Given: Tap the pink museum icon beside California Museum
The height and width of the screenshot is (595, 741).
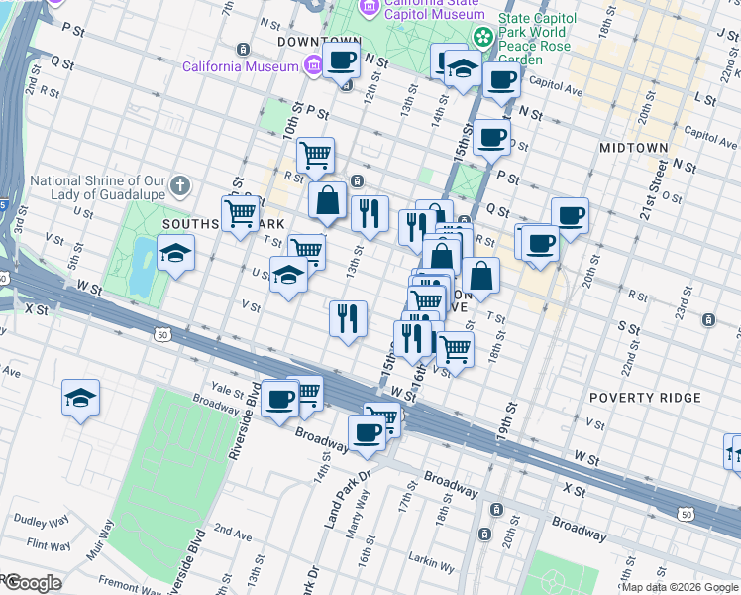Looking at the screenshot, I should pyautogui.click(x=314, y=66).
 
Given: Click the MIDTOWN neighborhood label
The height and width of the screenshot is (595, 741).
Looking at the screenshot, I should pyautogui.click(x=634, y=148).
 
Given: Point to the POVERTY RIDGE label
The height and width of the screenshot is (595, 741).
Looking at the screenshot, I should pyautogui.click(x=645, y=398).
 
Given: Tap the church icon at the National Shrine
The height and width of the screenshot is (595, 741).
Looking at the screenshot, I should pyautogui.click(x=179, y=185).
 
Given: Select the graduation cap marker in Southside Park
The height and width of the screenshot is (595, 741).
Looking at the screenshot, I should pyautogui.click(x=175, y=254).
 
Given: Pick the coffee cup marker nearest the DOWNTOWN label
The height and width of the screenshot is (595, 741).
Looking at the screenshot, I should pyautogui.click(x=342, y=60).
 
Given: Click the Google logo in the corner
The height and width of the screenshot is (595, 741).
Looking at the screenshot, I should pyautogui.click(x=32, y=583).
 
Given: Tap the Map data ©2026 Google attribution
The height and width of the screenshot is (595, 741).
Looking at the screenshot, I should pyautogui.click(x=680, y=587).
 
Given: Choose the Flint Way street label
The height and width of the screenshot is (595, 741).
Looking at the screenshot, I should pyautogui.click(x=49, y=544).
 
